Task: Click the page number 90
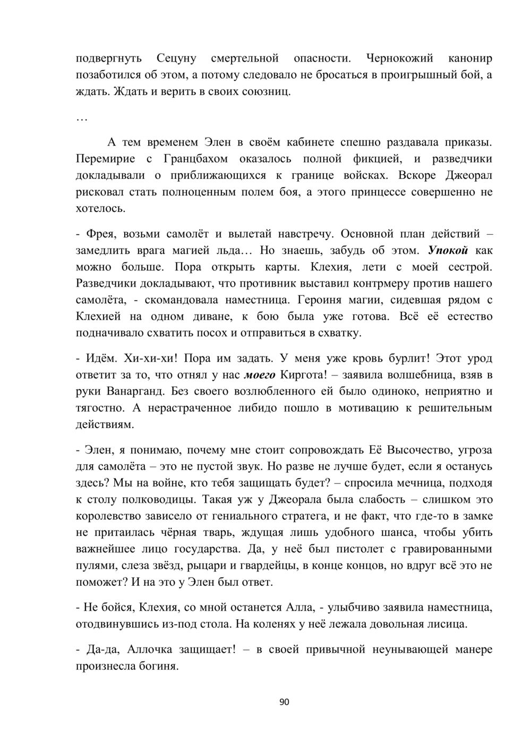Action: click(x=284, y=702)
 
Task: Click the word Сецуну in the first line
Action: click(x=177, y=58)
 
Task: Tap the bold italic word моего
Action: click(x=259, y=375)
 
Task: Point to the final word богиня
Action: click(x=157, y=665)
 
